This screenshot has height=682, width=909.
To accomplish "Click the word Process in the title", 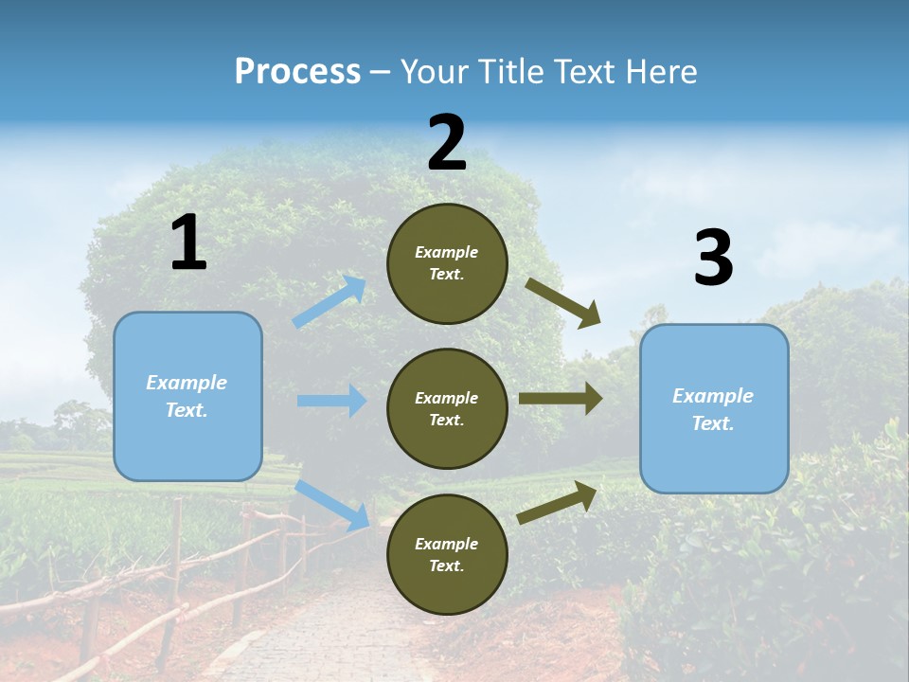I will [297, 72].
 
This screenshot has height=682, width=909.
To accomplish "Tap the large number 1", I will [188, 243].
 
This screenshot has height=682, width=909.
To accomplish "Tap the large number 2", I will [447, 143].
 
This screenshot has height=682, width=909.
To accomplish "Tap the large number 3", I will [713, 259].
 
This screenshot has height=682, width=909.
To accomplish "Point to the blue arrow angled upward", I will [330, 301].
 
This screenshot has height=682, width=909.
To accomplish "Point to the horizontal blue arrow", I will [331, 401].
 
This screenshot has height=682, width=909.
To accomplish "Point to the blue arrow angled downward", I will [332, 505].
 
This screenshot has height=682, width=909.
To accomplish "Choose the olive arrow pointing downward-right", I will [563, 303].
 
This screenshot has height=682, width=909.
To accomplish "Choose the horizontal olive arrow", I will [561, 399].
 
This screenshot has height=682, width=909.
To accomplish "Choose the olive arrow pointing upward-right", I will [558, 502].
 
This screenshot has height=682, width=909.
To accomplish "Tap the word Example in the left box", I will [187, 383].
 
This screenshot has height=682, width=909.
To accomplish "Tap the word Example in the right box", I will [713, 396].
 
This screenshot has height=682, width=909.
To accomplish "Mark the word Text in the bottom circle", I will [445, 565].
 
